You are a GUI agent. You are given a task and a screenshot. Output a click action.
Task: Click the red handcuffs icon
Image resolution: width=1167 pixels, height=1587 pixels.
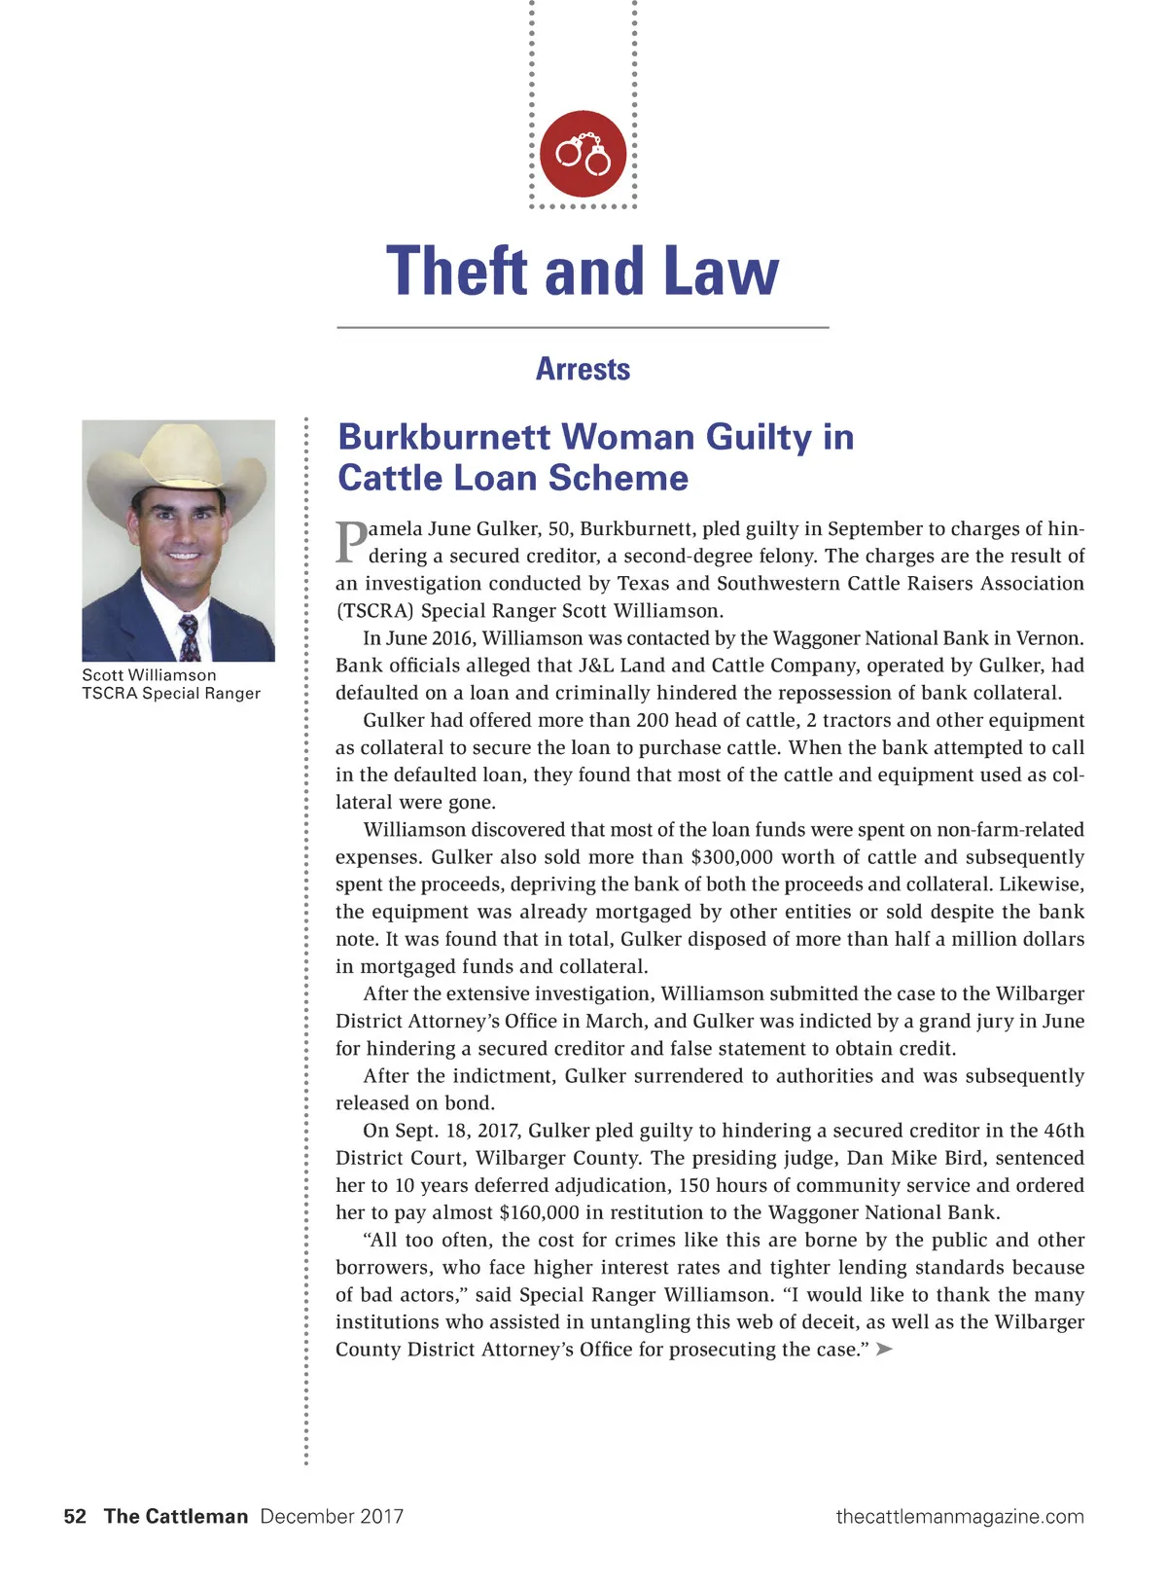(583, 154)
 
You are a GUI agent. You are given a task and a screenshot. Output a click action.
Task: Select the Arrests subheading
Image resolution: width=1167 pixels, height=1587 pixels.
(583, 370)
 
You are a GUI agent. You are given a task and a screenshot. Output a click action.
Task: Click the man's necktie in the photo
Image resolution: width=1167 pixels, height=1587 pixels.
(189, 636)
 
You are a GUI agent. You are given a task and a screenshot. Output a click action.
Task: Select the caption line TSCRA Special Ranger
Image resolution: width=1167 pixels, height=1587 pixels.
(171, 694)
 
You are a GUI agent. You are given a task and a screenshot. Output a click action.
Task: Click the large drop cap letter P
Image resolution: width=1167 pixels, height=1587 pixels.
(350, 543)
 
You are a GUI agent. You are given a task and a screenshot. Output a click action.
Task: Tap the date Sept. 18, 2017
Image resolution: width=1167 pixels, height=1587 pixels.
(456, 1131)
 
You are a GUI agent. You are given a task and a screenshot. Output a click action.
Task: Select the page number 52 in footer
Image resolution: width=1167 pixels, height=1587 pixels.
(75, 1516)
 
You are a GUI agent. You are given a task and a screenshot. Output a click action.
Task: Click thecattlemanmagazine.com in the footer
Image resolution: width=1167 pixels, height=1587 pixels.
(960, 1516)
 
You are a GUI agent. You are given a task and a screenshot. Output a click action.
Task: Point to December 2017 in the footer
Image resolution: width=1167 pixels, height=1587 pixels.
(332, 1516)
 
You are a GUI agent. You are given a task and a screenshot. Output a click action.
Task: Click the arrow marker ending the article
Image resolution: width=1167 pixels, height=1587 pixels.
(884, 1349)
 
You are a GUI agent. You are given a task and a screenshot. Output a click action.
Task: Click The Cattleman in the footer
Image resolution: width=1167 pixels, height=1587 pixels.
(176, 1516)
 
